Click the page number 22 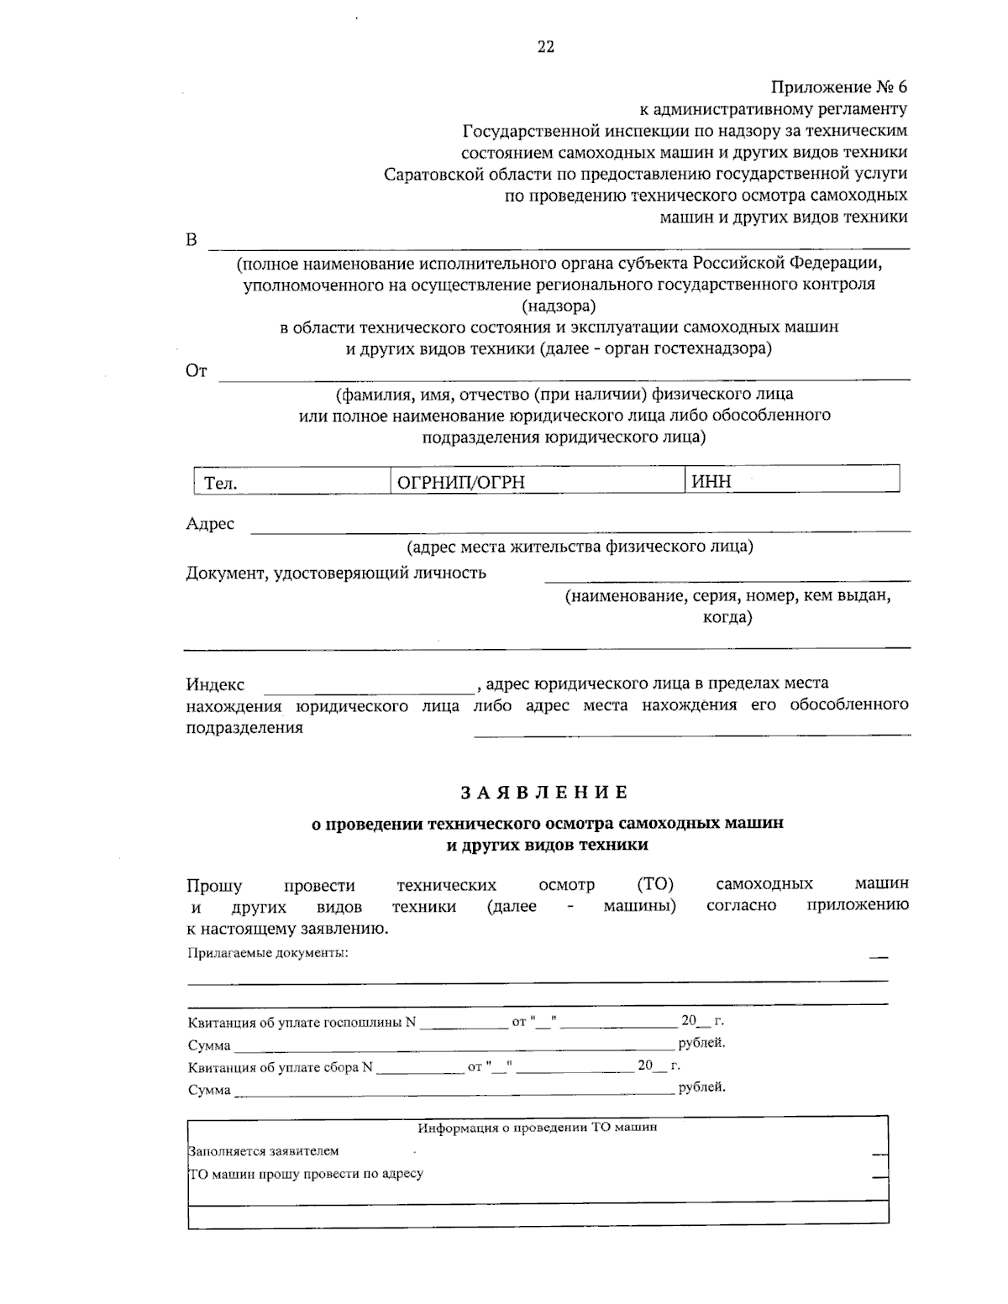(x=545, y=47)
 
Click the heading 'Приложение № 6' (x=839, y=87)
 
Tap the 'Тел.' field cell (x=292, y=482)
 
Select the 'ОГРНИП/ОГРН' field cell (x=538, y=482)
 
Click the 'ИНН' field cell (x=792, y=481)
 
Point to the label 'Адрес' (x=210, y=524)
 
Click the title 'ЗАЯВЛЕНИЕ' (x=543, y=792)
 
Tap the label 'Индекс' (x=215, y=684)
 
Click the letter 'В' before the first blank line (x=192, y=240)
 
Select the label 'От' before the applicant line (x=196, y=371)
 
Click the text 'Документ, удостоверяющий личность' (x=336, y=573)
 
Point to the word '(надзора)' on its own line (x=559, y=306)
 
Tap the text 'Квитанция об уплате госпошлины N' (x=302, y=1022)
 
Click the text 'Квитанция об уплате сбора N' (x=280, y=1066)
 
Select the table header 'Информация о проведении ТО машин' (x=538, y=1128)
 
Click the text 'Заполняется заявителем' (x=265, y=1151)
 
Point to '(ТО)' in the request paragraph (x=655, y=884)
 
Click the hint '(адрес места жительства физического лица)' (x=580, y=547)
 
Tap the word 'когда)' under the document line (x=727, y=617)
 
